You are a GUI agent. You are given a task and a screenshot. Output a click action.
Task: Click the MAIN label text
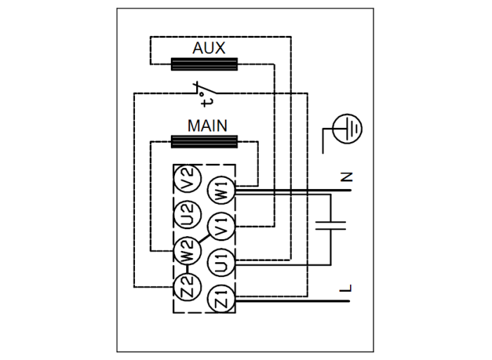pos(207,126)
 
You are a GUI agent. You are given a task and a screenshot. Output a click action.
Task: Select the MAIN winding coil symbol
pos(205,142)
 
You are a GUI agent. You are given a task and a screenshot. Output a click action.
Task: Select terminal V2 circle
pos(187,179)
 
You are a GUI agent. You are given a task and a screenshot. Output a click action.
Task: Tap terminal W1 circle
pos(221,190)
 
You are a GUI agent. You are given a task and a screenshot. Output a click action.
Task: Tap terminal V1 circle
pos(221,227)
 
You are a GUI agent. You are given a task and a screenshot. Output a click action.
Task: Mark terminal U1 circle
pos(221,264)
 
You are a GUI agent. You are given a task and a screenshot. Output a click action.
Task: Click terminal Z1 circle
pos(221,300)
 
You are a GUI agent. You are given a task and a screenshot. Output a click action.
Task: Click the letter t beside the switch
pos(205,101)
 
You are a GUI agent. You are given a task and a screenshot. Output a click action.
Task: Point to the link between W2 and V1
pos(204,240)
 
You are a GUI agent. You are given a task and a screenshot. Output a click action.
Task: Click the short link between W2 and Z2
pos(187,269)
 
